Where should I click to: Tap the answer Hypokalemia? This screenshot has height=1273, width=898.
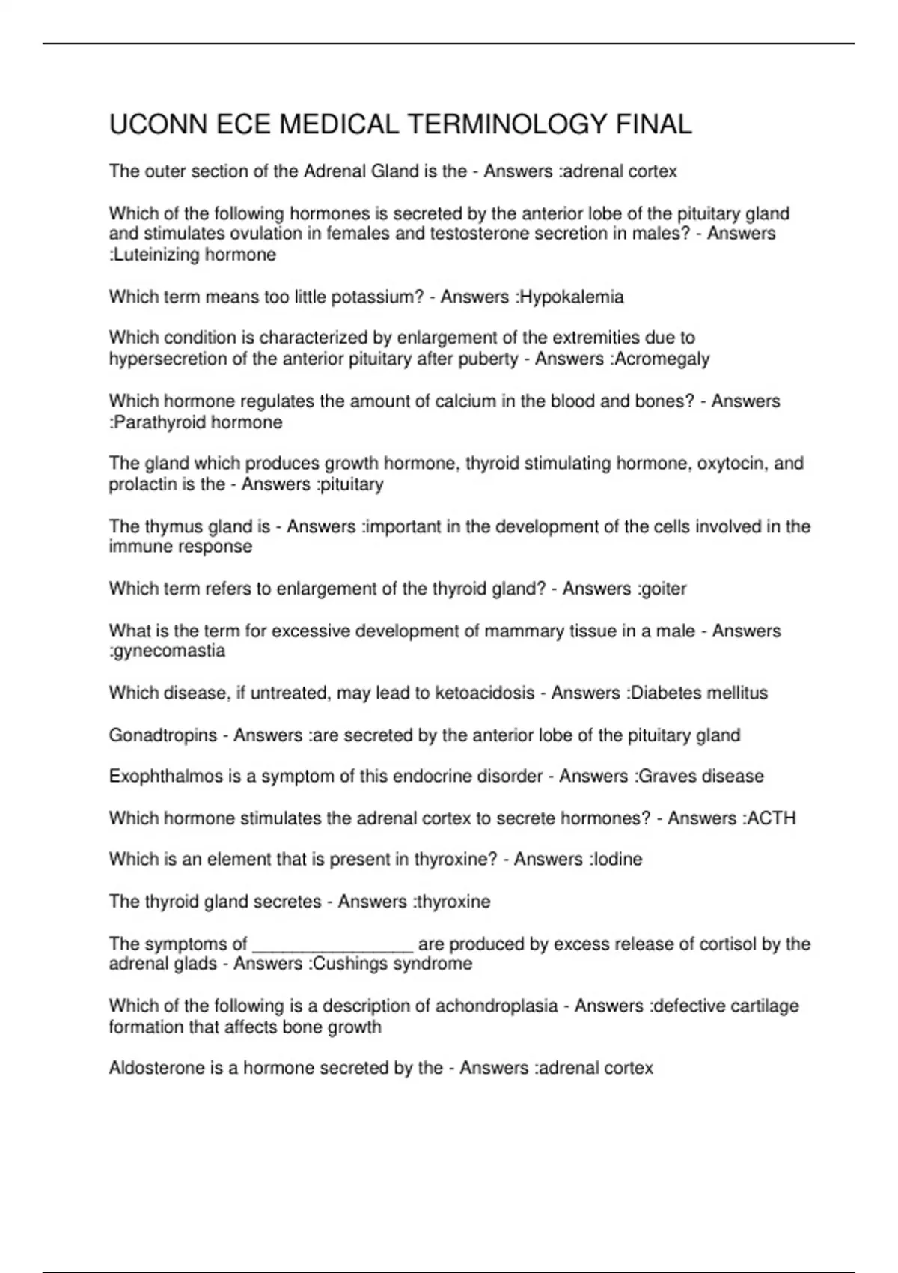pyautogui.click(x=572, y=297)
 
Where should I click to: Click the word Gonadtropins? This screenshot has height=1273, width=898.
pyautogui.click(x=162, y=735)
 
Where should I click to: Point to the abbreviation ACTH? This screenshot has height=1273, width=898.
pyautogui.click(x=772, y=818)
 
